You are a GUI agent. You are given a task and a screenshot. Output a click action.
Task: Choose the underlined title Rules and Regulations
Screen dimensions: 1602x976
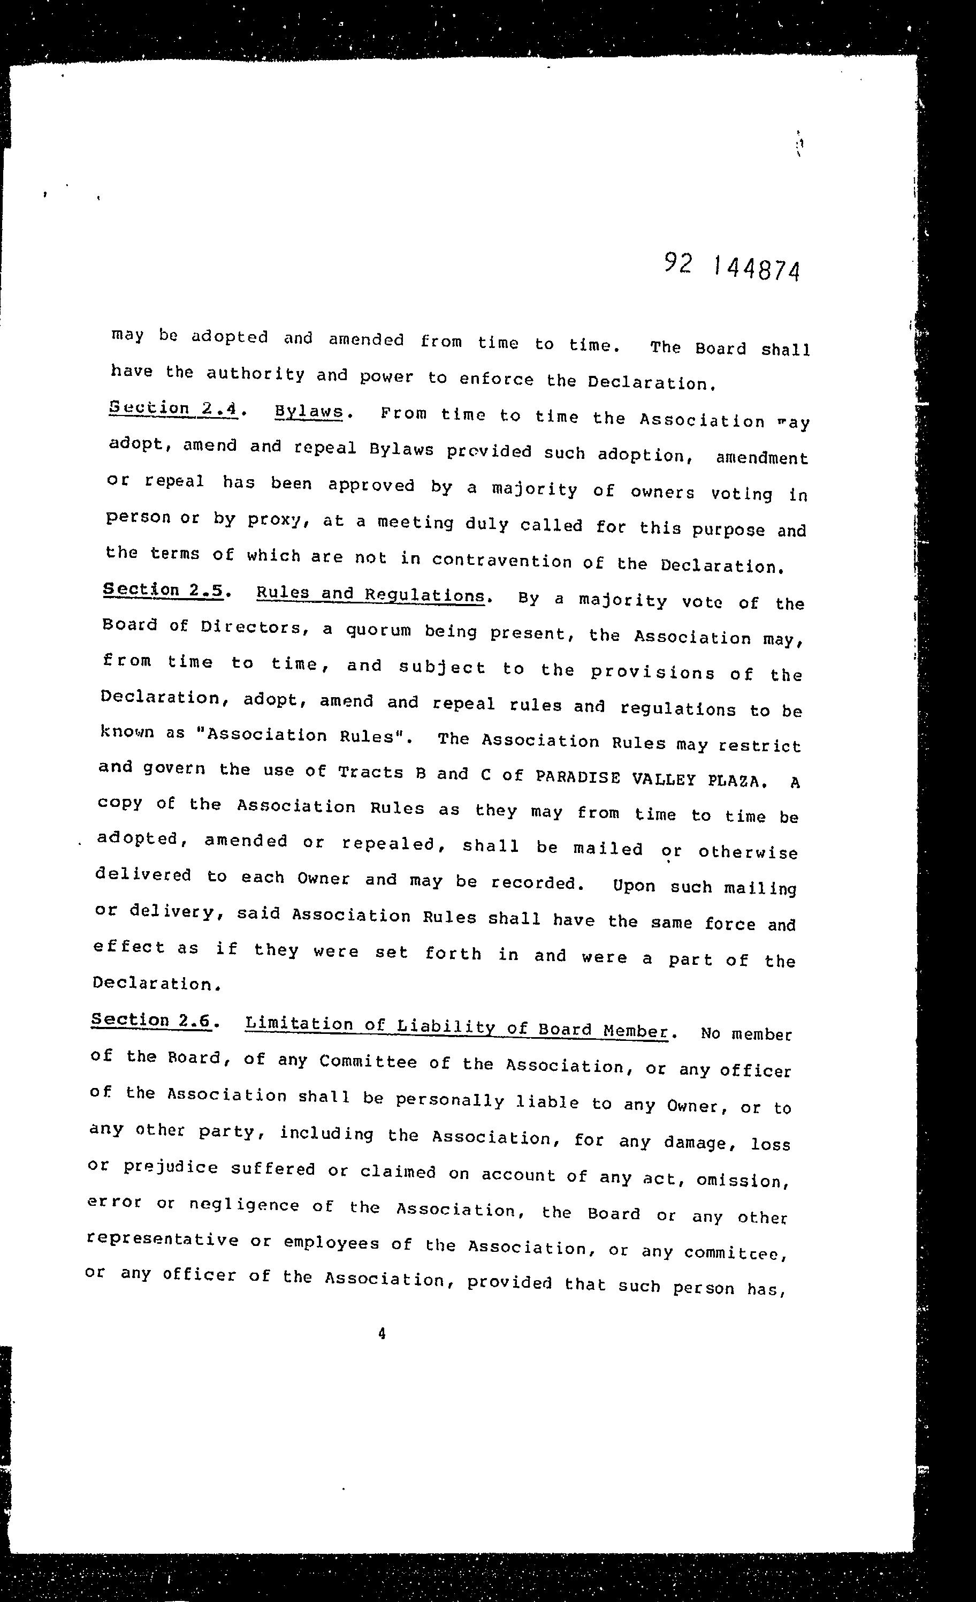tap(370, 594)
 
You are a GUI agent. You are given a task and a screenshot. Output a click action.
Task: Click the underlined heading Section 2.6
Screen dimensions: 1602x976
tap(151, 1019)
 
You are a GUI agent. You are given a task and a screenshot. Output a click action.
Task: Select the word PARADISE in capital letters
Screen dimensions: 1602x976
tap(578, 777)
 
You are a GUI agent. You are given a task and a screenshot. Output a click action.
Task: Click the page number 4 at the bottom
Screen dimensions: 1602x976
tap(382, 1334)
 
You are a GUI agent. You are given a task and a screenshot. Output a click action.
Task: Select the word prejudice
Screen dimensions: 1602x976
tap(170, 1167)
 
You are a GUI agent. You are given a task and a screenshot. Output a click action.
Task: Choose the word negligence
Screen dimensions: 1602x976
tap(243, 1204)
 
